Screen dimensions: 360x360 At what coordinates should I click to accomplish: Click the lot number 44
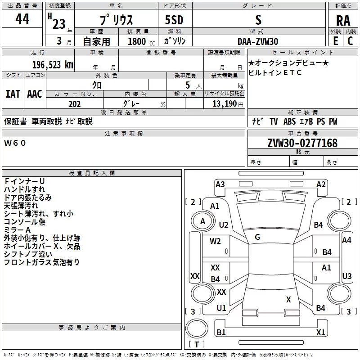22,19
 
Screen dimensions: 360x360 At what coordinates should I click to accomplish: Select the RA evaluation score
343,20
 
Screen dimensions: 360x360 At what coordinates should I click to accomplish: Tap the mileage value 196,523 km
52,64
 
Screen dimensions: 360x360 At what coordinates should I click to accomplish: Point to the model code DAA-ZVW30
258,41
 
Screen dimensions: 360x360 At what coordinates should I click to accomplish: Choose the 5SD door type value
174,20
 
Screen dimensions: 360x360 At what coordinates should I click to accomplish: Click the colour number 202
74,104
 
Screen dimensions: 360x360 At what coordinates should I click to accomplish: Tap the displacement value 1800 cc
137,41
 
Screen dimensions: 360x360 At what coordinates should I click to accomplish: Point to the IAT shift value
13,94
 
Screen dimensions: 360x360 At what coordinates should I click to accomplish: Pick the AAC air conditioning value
34,94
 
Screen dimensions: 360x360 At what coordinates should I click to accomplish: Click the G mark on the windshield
257,237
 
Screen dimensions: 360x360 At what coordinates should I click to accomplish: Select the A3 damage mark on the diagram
220,184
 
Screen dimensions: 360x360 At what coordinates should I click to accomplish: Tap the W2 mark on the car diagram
215,241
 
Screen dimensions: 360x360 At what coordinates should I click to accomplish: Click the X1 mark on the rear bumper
320,333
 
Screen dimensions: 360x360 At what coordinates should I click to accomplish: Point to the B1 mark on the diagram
221,333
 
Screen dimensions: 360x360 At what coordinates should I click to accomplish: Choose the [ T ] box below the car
197,345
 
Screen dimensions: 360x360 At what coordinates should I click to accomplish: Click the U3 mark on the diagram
346,276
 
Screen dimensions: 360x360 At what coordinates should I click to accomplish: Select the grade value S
258,20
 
